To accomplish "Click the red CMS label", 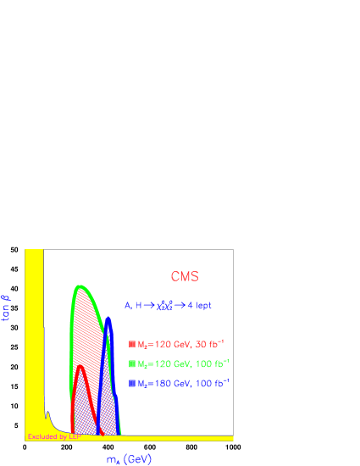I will click(185, 276).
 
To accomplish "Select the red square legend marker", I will click(132, 344).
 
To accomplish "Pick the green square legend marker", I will click(132, 363).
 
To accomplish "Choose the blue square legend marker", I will click(132, 384).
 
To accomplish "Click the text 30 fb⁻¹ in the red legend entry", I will click(208, 343).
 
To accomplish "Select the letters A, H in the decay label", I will click(131, 305).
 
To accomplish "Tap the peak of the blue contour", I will click(108, 320).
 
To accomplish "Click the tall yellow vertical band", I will click(34, 339).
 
